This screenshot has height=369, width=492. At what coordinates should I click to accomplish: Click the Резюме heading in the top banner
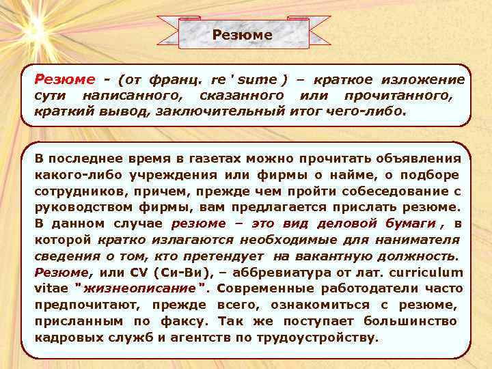tap(242, 35)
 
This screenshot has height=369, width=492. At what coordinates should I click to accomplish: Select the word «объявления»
tap(420, 159)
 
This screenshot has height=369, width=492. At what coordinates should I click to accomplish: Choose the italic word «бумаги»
tap(411, 223)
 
